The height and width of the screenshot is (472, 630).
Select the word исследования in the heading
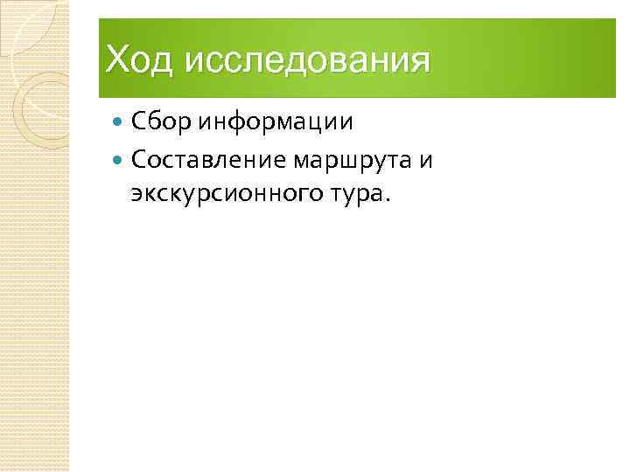308,61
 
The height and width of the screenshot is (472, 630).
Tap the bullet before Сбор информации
120,121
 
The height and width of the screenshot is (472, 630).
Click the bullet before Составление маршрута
120,162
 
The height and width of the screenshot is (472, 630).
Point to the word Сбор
162,121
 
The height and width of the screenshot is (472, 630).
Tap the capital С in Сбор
138,121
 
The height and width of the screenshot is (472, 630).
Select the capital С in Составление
138,162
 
